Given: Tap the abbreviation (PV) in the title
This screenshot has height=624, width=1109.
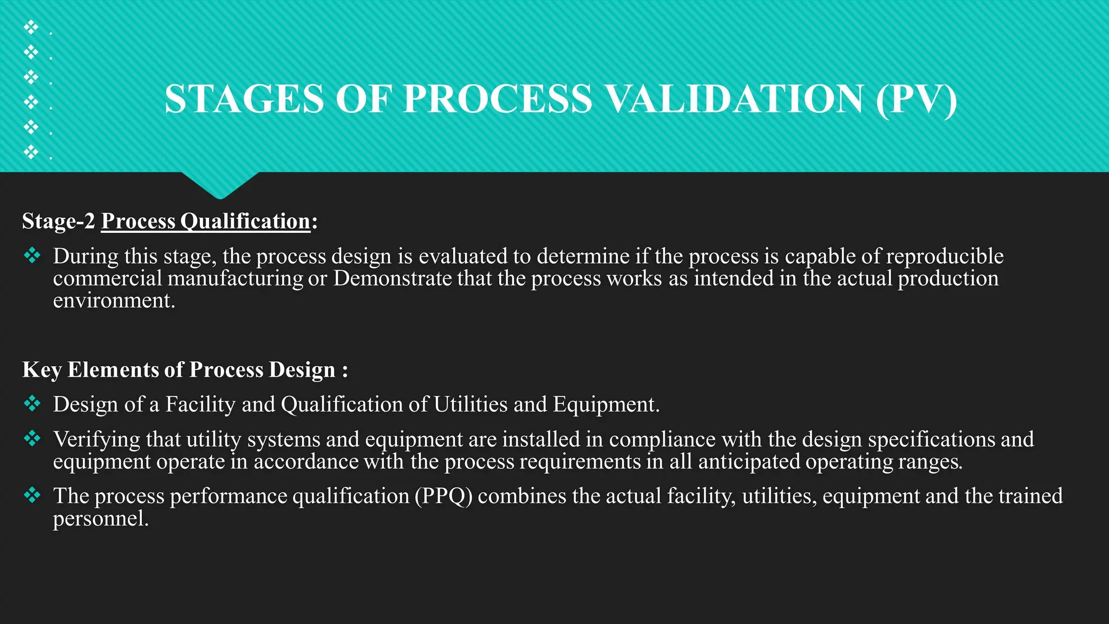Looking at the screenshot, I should [x=916, y=99].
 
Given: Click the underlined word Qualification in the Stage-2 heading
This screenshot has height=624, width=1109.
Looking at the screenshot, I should [x=245, y=221].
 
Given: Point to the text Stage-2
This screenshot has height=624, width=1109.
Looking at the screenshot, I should [x=58, y=221].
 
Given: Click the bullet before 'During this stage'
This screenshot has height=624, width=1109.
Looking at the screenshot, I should [x=32, y=255].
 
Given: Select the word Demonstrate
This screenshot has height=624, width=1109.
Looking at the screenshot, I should [x=392, y=278].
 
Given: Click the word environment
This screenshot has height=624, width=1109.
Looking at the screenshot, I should [x=114, y=301].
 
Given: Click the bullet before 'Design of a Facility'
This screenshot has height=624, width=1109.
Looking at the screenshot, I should [x=32, y=403].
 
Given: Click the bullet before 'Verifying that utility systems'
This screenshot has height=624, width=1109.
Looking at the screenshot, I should [x=32, y=438].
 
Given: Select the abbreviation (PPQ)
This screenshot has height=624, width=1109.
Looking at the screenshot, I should [x=443, y=496].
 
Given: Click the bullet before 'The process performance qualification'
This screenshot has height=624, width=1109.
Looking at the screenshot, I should [x=32, y=495].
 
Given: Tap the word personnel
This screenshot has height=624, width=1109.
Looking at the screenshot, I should [x=100, y=519].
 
